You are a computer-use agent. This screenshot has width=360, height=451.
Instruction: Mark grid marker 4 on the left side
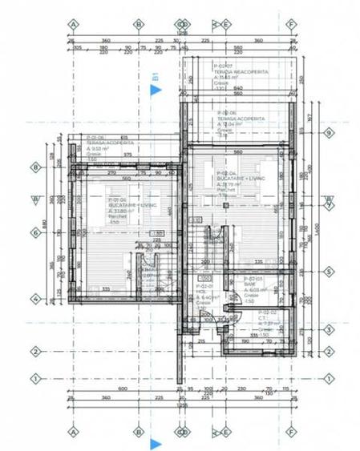(x=35, y=300)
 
